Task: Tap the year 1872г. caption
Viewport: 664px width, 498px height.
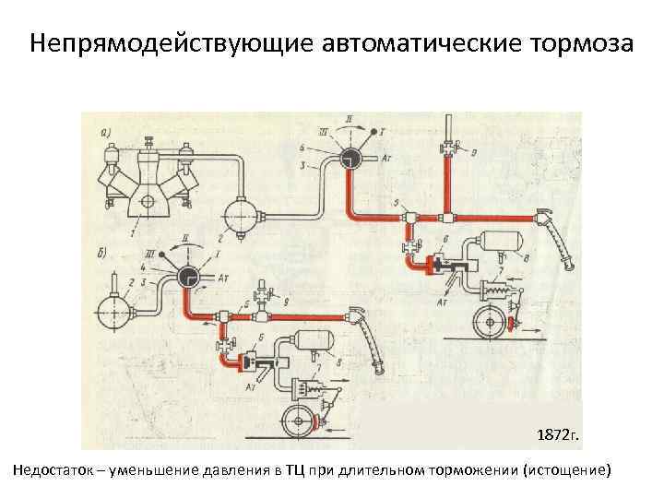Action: [553, 433]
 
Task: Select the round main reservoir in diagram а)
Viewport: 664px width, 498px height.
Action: [242, 217]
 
